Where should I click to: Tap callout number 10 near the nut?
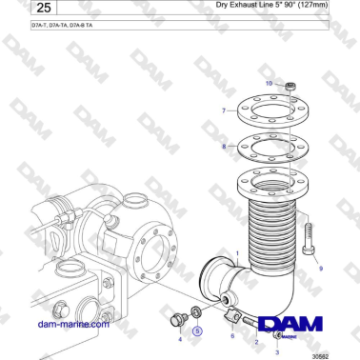coord(269,84)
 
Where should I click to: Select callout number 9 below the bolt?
coord(321,270)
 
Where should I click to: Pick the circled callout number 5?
coord(197,331)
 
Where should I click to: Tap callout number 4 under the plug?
coord(179,337)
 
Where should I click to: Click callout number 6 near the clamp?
coord(231,335)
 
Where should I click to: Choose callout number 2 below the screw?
coord(255,342)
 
